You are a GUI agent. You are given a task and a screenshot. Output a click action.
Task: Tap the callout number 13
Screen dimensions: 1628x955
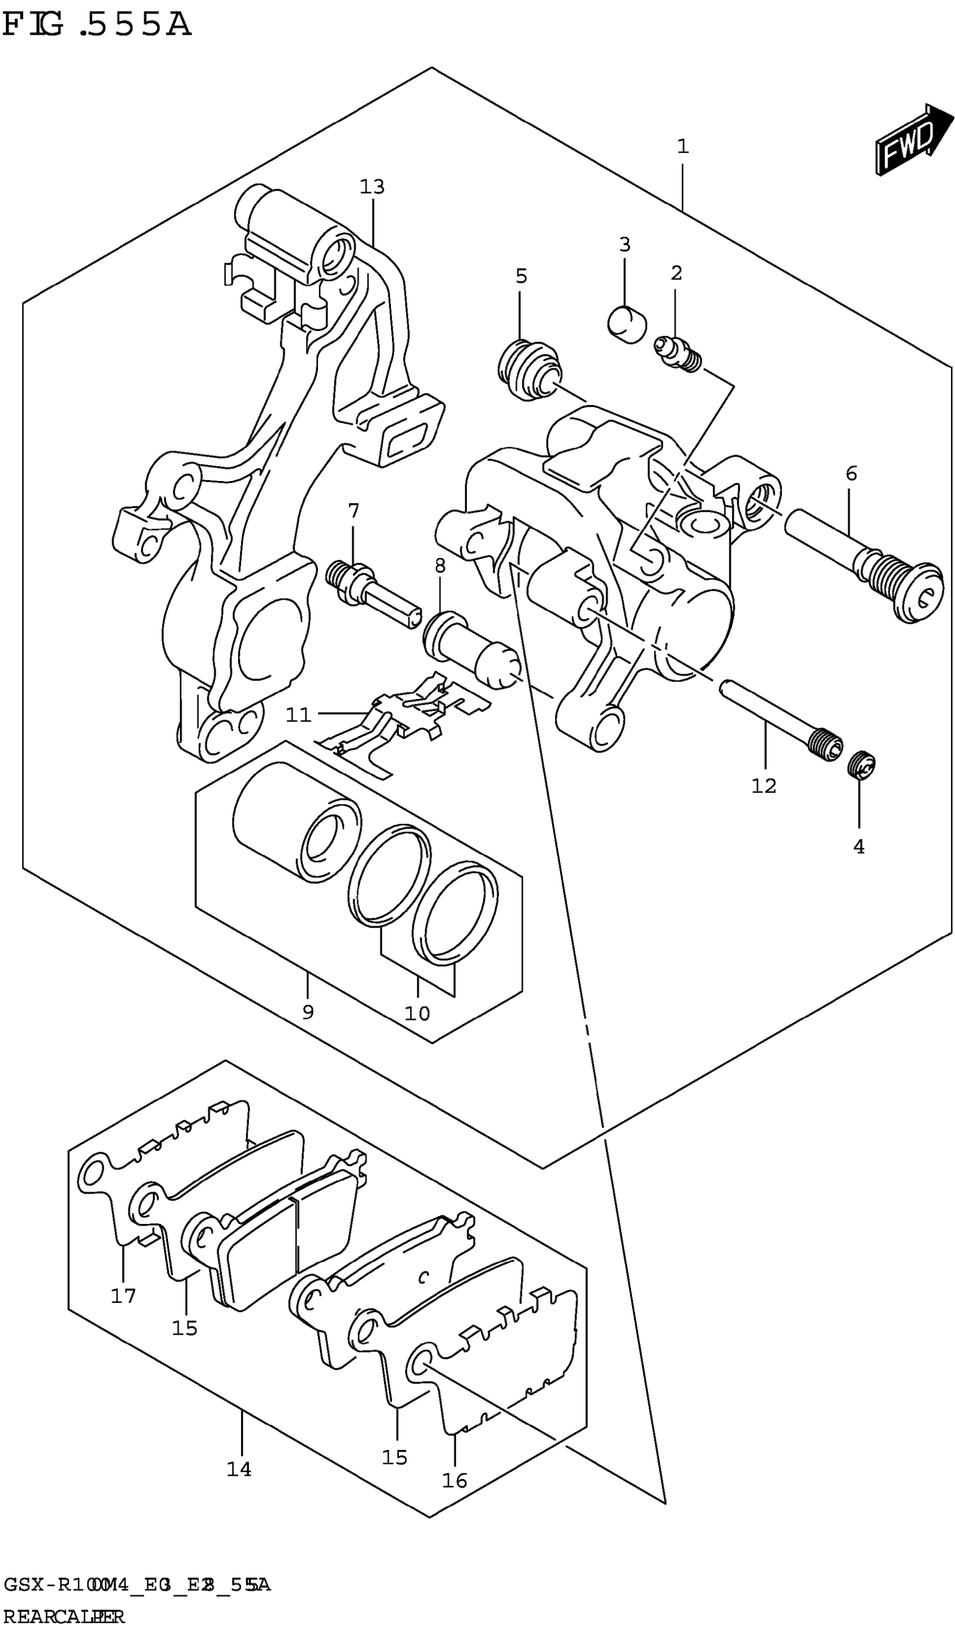[x=372, y=187]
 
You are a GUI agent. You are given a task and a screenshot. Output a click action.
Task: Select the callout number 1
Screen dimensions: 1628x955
[x=683, y=147]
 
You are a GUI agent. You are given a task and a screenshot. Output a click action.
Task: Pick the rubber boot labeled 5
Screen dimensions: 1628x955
[x=529, y=372]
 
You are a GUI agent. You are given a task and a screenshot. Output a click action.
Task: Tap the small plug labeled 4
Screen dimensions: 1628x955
[x=861, y=765]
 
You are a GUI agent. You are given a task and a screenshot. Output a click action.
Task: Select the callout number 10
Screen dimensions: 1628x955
[x=417, y=1012]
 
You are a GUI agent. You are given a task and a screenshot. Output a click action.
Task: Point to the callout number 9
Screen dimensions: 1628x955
[x=308, y=1012]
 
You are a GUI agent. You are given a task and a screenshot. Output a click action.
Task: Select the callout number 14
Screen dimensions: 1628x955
[x=238, y=1469]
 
